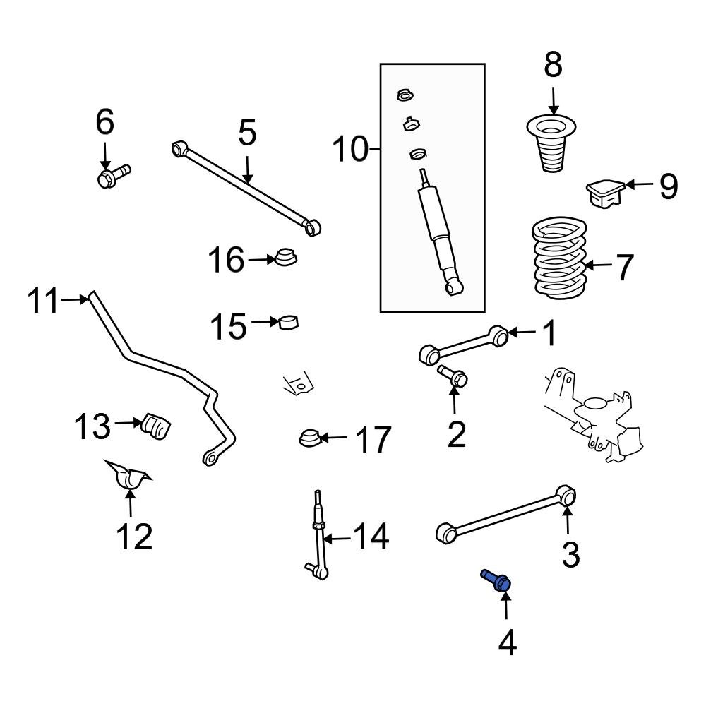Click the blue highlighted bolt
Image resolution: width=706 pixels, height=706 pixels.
[x=497, y=580]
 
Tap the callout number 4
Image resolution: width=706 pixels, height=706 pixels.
[x=507, y=643]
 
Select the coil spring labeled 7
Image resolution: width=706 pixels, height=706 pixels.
[x=558, y=260]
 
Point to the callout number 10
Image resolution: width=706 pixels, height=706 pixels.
[x=351, y=149]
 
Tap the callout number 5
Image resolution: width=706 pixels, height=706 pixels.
[x=247, y=133]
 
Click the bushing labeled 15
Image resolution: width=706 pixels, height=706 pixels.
[x=289, y=322]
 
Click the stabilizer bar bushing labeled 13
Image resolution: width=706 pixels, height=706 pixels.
[x=158, y=426]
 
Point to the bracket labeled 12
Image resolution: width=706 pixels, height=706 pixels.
[x=128, y=477]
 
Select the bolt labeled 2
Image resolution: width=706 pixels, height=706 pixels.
[x=452, y=378]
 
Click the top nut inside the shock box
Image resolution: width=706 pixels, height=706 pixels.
[x=406, y=95]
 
